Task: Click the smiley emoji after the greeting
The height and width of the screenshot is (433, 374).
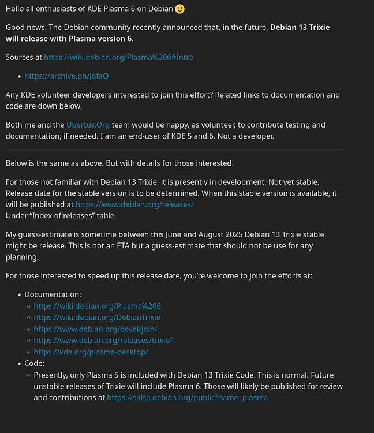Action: coord(179,9)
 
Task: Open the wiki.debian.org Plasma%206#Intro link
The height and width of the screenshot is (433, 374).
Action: coord(118,57)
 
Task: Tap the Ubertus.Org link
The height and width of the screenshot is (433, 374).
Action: coord(88,125)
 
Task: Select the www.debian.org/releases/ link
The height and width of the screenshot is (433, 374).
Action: coord(134,204)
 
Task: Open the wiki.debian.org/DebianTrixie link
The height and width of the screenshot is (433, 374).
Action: coord(97,317)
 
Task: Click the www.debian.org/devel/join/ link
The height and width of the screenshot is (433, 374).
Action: coord(95,329)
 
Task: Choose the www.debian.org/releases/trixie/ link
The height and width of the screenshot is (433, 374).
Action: coord(103,340)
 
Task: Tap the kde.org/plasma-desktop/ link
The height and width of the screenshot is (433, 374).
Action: coord(91,352)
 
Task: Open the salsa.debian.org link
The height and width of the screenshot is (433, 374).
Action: coord(187,397)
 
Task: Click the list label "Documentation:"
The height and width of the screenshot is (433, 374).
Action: coord(53,294)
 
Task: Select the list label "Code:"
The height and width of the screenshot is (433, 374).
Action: coord(34,363)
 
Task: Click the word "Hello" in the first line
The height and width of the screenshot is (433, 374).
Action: coord(17,9)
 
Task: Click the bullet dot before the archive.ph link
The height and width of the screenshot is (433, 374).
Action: coord(19,76)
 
